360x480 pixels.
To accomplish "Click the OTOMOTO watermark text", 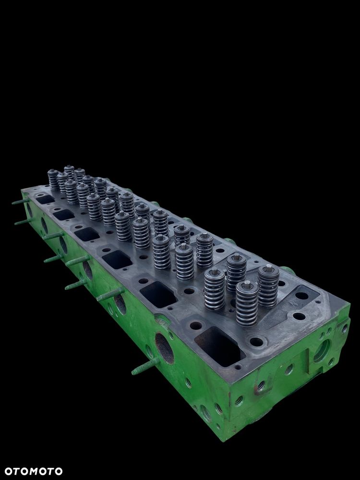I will [x=34, y=471].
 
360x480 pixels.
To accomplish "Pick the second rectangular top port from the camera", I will [x=158, y=294].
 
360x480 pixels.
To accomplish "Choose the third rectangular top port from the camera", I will [x=117, y=260].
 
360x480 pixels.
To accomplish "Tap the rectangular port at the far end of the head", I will [x=45, y=199].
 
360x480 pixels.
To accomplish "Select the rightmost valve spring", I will [x=268, y=286].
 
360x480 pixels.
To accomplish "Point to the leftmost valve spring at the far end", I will [x=53, y=180].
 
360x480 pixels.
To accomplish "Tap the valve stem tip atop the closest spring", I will [x=247, y=285].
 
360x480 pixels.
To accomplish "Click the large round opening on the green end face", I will [x=322, y=350].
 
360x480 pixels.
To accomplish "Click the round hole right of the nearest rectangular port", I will [x=257, y=342].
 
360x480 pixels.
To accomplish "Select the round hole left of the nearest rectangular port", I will [x=196, y=325].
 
